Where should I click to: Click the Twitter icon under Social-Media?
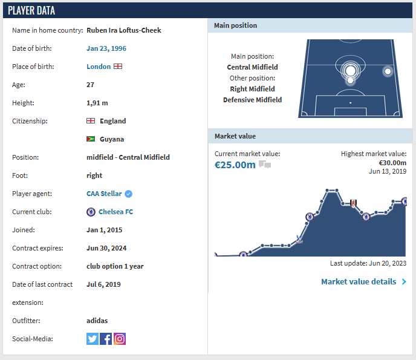(x=92, y=339)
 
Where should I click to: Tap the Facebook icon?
(x=106, y=339)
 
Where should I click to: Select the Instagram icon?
(x=120, y=339)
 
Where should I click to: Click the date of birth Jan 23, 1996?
(x=106, y=48)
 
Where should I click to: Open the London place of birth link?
(x=99, y=67)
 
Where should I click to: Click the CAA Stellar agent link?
(x=104, y=194)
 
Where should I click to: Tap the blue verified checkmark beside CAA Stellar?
(x=129, y=194)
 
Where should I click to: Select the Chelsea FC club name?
(x=115, y=212)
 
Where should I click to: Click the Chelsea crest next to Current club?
(x=91, y=212)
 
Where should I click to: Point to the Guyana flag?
(x=91, y=139)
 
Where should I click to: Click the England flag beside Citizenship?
(x=91, y=121)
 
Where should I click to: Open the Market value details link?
(x=359, y=281)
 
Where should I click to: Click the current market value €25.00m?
(x=235, y=165)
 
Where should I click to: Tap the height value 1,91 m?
(x=99, y=103)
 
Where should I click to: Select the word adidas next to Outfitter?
(x=97, y=321)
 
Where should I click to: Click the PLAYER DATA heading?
(x=31, y=10)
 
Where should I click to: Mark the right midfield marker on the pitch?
(x=388, y=71)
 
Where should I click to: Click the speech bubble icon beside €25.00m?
(x=265, y=165)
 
